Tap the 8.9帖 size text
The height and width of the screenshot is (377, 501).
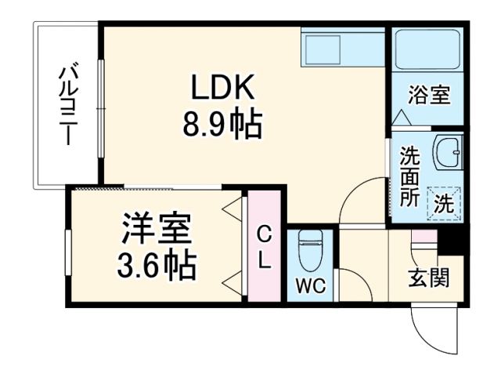point(222,125)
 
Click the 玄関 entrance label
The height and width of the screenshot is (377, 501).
point(428,277)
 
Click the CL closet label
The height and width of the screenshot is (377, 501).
point(264,248)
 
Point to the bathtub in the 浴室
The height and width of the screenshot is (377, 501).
point(427,52)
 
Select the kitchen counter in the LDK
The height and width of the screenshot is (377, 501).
point(342,49)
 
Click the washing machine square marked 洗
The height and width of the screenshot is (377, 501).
point(443,205)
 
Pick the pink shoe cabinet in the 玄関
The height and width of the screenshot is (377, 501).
point(423,237)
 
